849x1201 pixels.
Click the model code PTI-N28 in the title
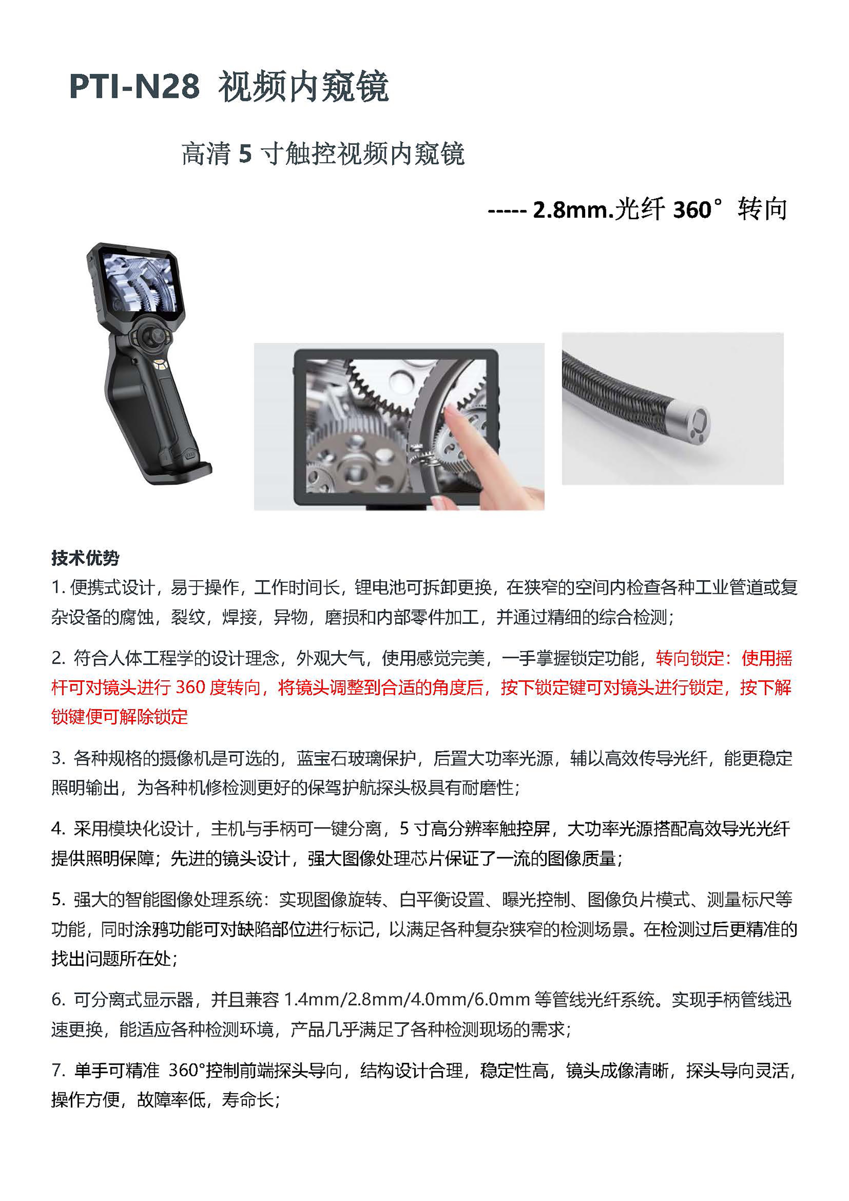pos(134,86)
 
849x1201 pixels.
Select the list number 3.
pos(58,758)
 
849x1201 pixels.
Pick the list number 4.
pos(58,829)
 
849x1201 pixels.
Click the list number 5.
pos(58,899)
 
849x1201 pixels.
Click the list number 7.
pos(58,1071)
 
